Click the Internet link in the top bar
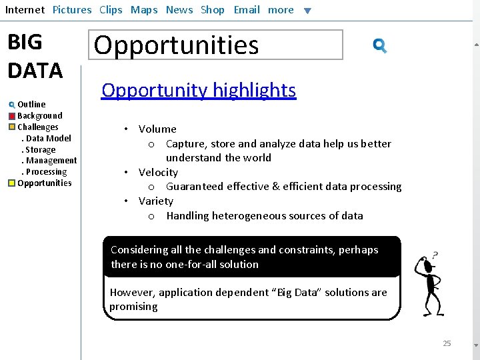pos(25,10)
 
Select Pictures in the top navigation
pos(72,10)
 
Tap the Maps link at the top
pos(144,10)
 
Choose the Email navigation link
pos(247,10)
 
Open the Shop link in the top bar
pos(213,10)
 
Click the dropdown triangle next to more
pos(307,11)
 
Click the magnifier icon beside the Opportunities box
pos(380,46)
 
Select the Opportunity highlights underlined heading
pos(198,91)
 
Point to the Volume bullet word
pos(157,129)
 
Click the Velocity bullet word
pos(158,173)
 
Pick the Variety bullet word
pos(156,201)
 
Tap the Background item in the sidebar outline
pos(39,116)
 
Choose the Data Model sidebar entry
pos(48,139)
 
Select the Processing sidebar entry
pos(45,172)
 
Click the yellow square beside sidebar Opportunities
pos(12,183)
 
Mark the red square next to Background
pos(12,116)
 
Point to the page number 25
pos(447,343)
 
